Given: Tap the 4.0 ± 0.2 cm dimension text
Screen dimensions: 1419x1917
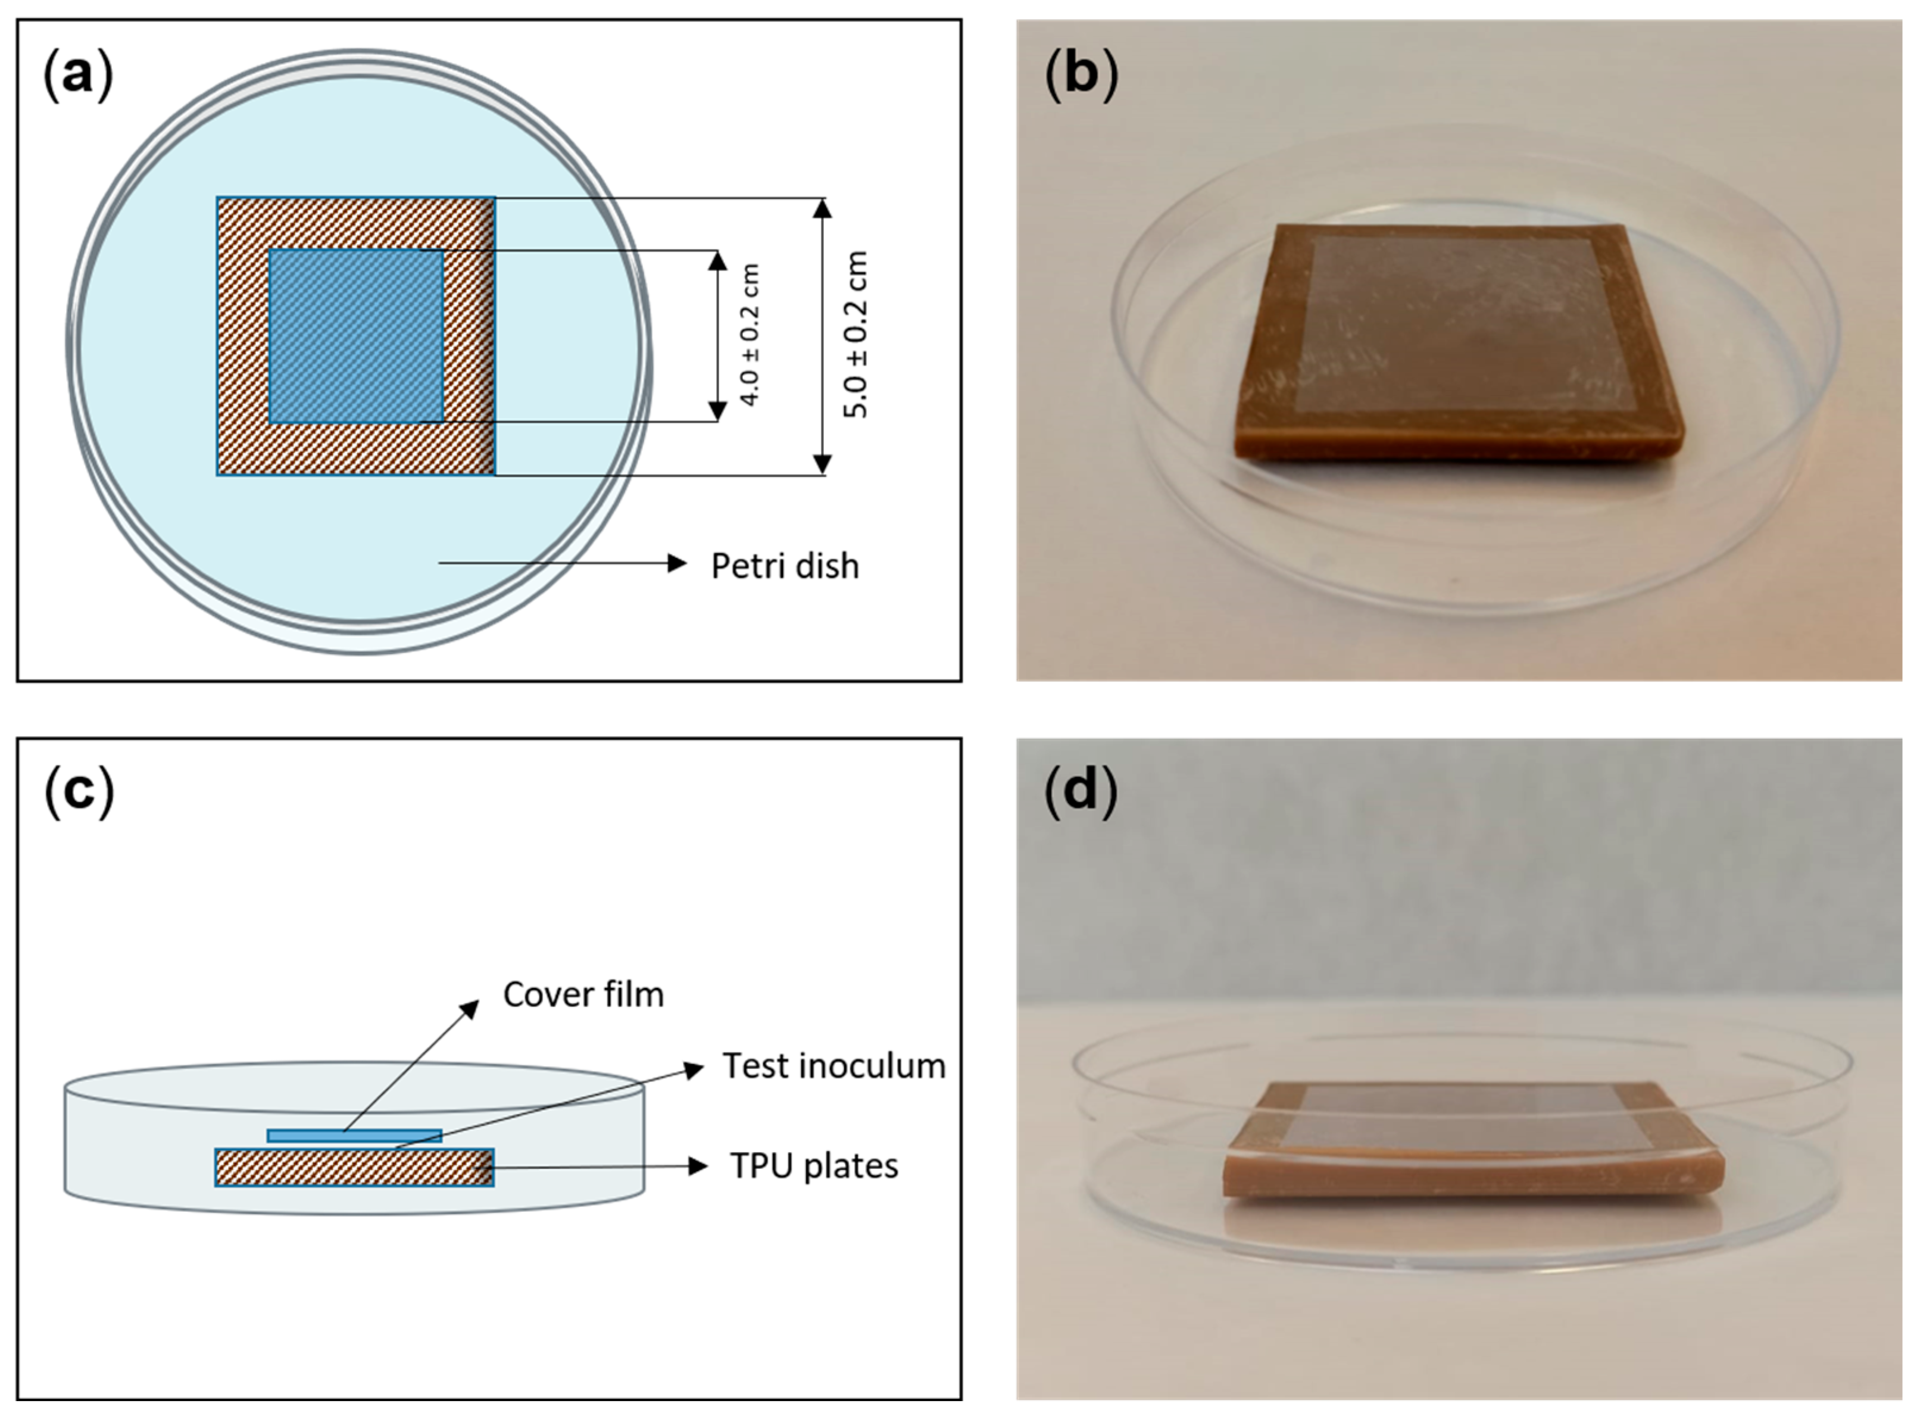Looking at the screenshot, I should (x=749, y=335).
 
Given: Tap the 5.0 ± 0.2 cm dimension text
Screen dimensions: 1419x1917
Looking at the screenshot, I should (x=856, y=335).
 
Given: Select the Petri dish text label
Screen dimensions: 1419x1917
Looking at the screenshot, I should (x=784, y=566).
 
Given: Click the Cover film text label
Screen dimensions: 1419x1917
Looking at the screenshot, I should (x=583, y=994).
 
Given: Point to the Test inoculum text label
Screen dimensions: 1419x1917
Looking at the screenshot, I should (x=833, y=1066).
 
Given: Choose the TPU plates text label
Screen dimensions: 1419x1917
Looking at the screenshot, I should (x=813, y=1167).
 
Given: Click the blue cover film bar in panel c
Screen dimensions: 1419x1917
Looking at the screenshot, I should (x=355, y=1136).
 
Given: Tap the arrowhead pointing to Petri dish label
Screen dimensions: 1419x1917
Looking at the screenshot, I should (x=677, y=563).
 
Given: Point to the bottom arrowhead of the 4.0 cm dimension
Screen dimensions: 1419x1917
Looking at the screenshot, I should (x=717, y=411).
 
